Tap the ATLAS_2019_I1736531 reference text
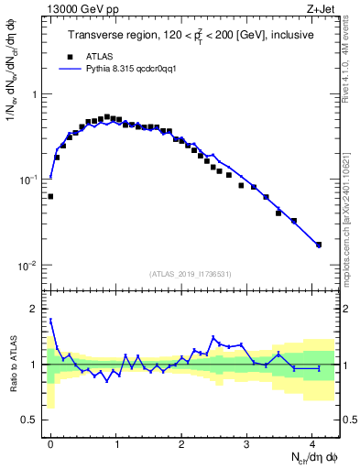click(x=190, y=274)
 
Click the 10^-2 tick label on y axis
click(x=29, y=266)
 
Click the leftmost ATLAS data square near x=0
click(x=50, y=196)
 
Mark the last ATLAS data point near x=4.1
click(x=319, y=245)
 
